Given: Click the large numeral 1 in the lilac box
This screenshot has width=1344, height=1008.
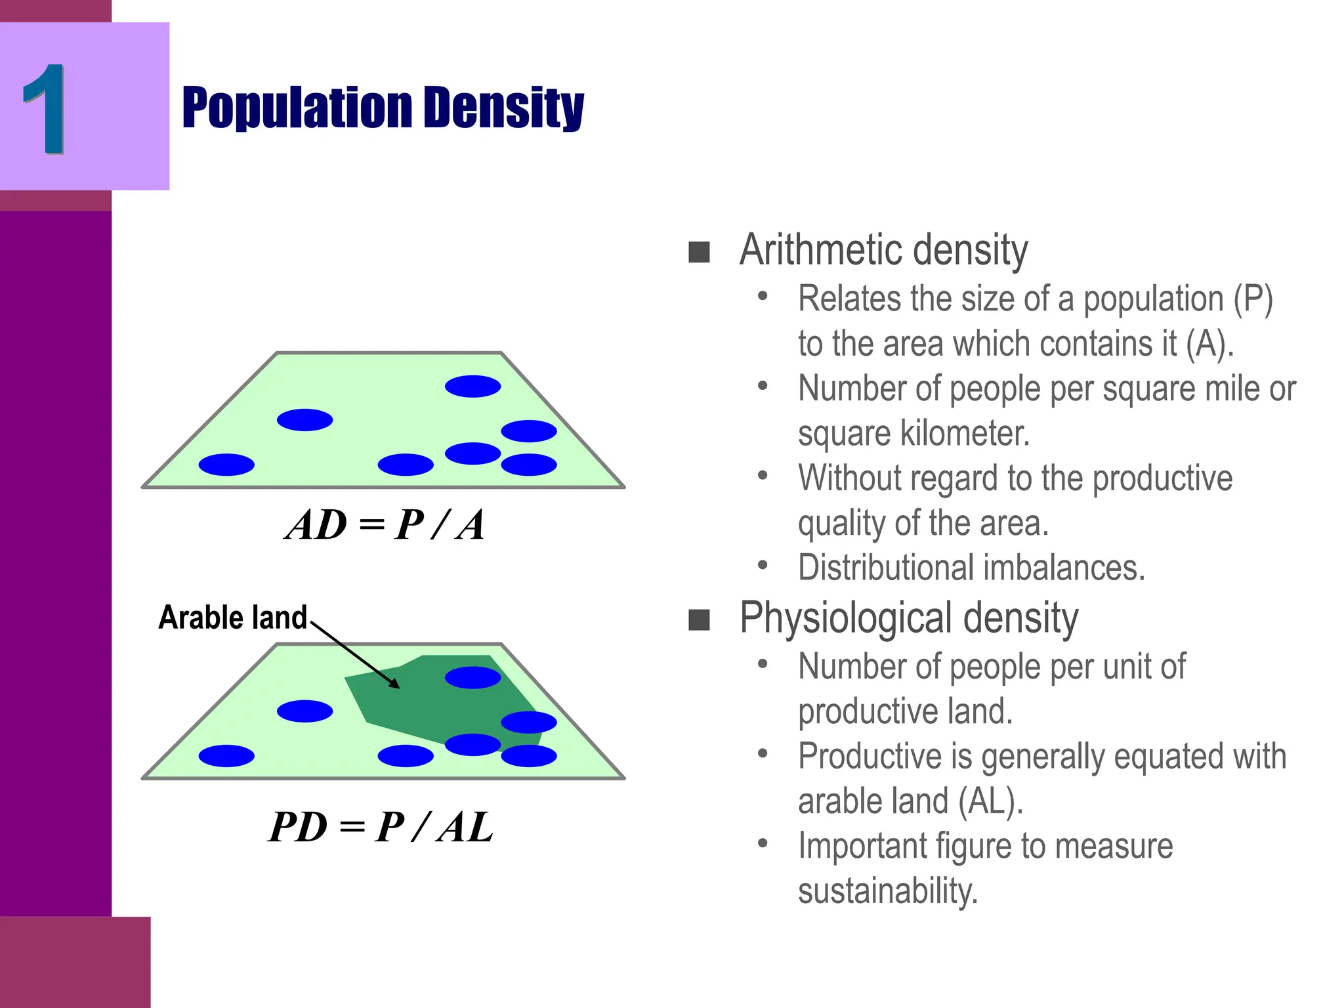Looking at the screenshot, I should pos(45,109).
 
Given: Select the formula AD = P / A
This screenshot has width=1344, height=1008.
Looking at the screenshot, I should pos(385,525).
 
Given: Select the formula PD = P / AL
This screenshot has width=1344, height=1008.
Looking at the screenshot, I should pos(381,827).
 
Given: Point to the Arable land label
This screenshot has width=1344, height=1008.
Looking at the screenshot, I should pos(233,618).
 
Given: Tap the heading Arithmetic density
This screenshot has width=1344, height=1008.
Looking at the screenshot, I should pos(883,250).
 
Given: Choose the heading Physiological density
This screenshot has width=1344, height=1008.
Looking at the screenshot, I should pos(909,618).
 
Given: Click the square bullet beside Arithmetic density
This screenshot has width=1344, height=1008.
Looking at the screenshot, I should pos(699,252).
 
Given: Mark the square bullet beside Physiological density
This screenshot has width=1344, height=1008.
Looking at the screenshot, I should pos(699,619).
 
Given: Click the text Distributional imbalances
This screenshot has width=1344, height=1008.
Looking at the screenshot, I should pos(971,568).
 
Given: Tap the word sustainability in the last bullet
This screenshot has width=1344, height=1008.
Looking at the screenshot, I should pos(887,891).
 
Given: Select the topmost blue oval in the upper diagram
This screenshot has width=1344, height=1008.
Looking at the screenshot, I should pos(472,386).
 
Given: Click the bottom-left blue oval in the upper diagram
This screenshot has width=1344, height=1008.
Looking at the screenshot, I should pos(226,465).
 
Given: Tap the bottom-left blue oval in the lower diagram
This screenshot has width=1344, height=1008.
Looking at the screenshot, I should pos(226,756).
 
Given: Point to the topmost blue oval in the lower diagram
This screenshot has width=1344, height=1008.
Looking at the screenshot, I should pos(472,677).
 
